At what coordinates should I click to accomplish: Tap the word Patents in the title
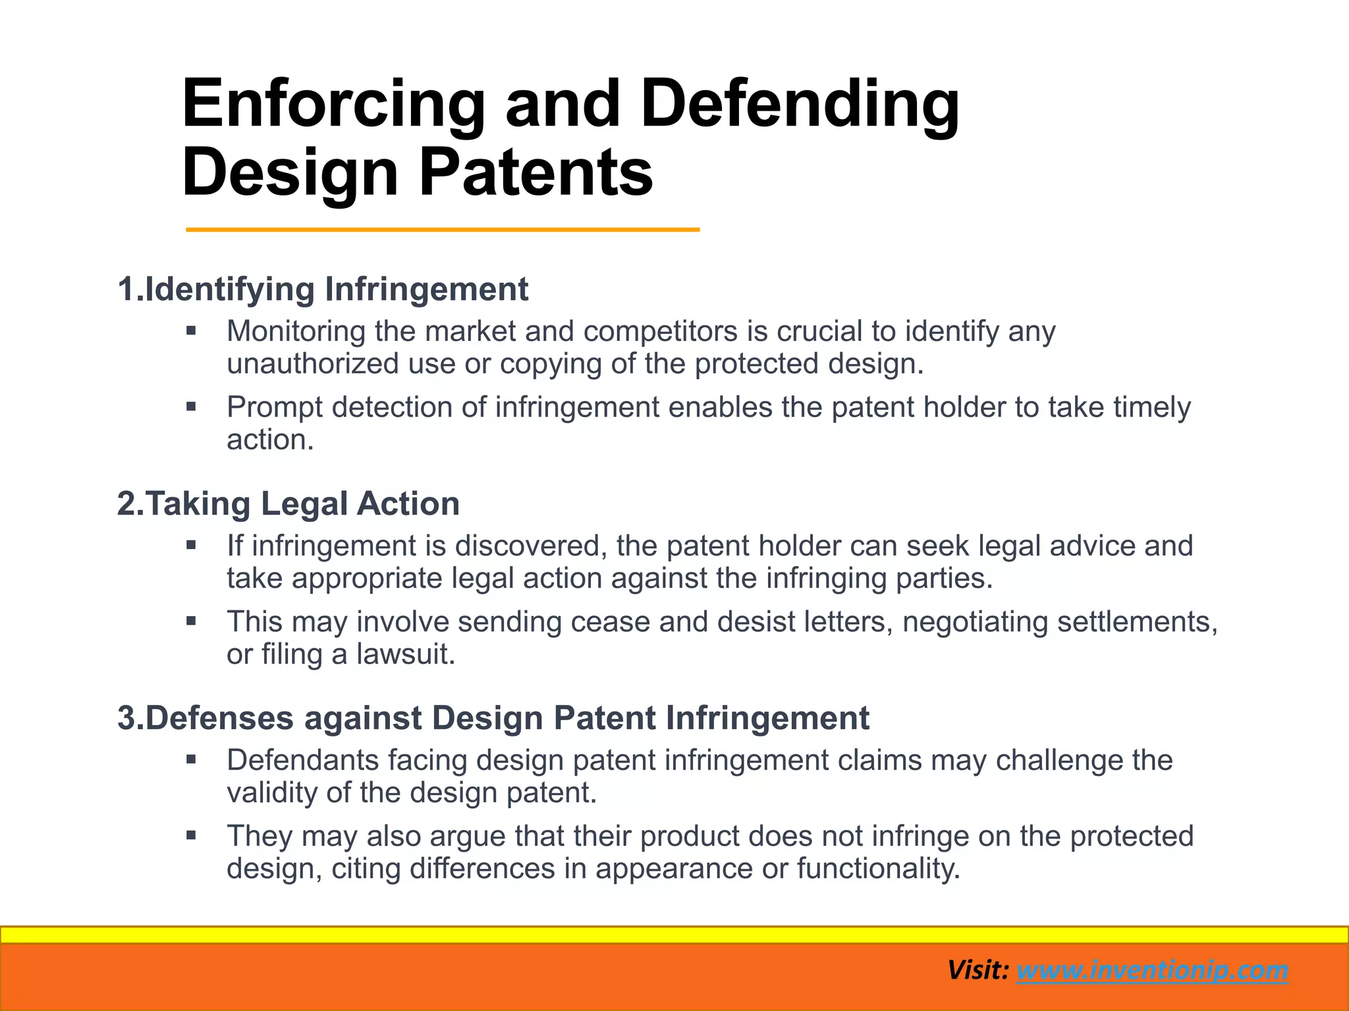tap(536, 173)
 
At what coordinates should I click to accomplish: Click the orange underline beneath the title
tap(442, 230)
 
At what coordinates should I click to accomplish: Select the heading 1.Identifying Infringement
tap(323, 290)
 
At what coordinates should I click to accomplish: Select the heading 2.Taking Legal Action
tap(289, 504)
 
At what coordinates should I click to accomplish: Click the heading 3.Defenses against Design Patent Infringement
tap(493, 718)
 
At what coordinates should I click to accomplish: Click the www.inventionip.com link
tap(1152, 970)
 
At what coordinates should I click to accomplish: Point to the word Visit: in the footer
tap(978, 970)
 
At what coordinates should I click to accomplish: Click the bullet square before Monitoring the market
tap(191, 330)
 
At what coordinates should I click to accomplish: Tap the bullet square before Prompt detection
tap(191, 407)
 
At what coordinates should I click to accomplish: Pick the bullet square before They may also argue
tap(191, 836)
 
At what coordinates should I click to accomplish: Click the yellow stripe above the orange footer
tap(674, 935)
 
